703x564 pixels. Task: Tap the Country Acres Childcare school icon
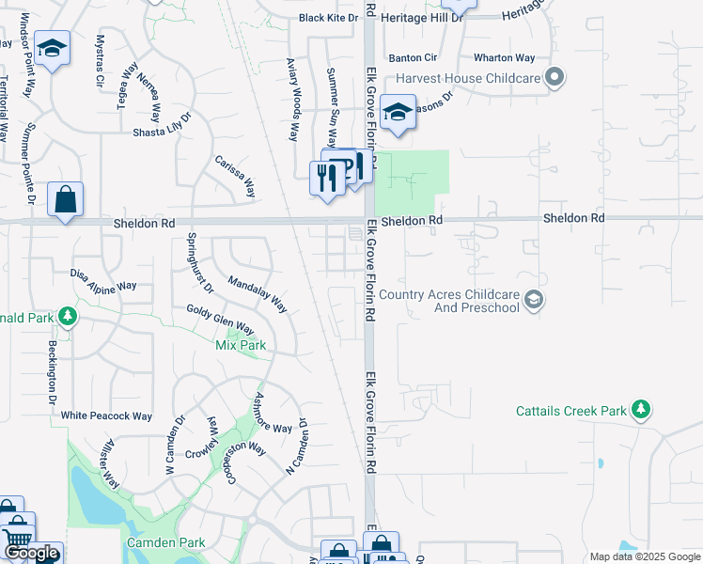[x=534, y=301]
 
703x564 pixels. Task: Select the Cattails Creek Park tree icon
[x=641, y=410]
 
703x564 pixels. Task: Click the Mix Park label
[x=242, y=345]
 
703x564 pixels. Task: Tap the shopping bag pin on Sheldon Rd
[x=65, y=200]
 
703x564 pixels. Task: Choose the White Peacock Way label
[x=106, y=415]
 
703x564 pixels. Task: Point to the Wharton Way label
[x=505, y=57]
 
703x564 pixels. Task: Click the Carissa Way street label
[x=236, y=176]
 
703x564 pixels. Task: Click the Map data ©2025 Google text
[x=644, y=556]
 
